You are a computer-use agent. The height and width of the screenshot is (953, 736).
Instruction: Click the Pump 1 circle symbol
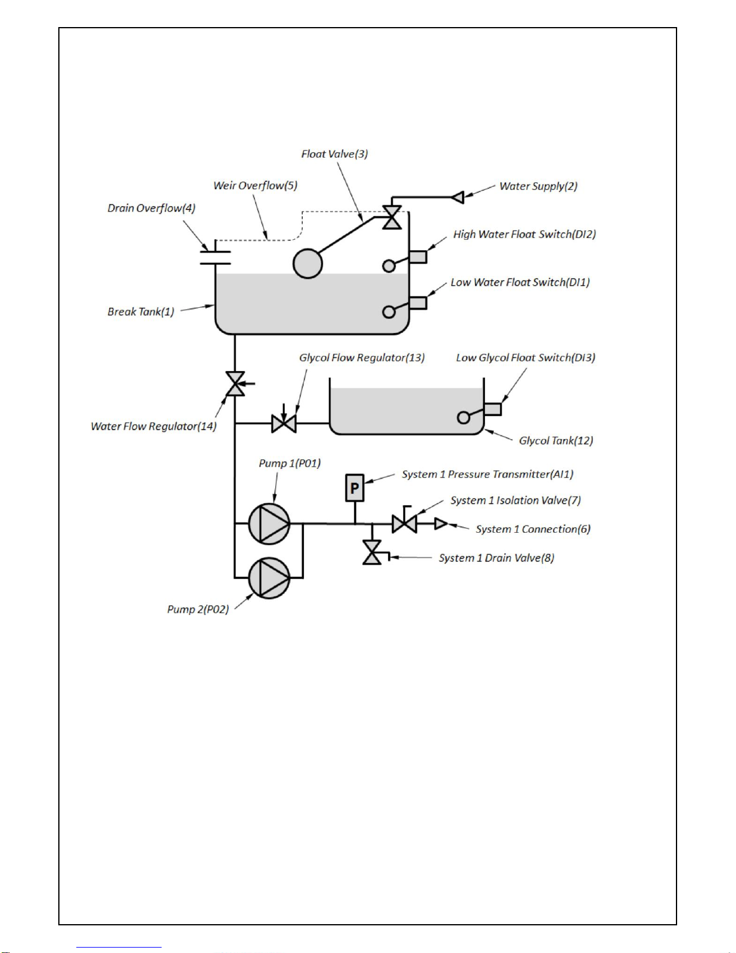[269, 524]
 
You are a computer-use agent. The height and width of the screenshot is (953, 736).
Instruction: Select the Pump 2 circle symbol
[269, 578]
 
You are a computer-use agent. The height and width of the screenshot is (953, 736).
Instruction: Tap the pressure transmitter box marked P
[355, 488]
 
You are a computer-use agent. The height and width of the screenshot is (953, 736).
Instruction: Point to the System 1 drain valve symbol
[373, 553]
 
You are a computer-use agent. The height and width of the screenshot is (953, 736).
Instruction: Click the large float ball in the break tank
[308, 263]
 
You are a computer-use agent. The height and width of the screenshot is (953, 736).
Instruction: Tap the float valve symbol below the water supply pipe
[392, 217]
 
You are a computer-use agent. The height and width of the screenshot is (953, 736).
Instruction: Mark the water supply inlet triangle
[458, 197]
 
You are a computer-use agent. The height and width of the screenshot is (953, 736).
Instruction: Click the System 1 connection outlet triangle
[441, 524]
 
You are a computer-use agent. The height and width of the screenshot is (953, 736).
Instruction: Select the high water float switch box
[418, 257]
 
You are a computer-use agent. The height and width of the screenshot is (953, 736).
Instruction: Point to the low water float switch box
[418, 303]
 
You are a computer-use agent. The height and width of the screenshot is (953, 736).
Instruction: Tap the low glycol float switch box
[493, 409]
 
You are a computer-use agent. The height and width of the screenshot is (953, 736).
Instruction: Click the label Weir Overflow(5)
[255, 186]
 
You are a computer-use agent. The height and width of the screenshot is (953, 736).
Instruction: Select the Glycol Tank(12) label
[556, 441]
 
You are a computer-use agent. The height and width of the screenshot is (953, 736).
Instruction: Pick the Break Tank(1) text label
[141, 312]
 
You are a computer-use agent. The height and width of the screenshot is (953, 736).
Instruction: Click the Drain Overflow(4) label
[151, 208]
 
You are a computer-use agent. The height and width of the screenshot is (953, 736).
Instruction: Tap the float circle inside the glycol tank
[463, 417]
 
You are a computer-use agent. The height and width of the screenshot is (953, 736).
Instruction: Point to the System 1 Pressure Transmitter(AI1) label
[488, 474]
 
